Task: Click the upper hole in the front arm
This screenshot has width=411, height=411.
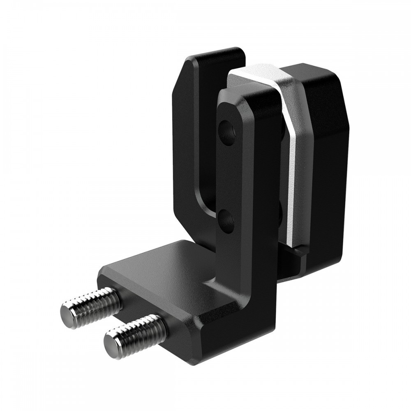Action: [227, 132]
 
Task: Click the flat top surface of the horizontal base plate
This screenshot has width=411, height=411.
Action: [164, 267]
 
